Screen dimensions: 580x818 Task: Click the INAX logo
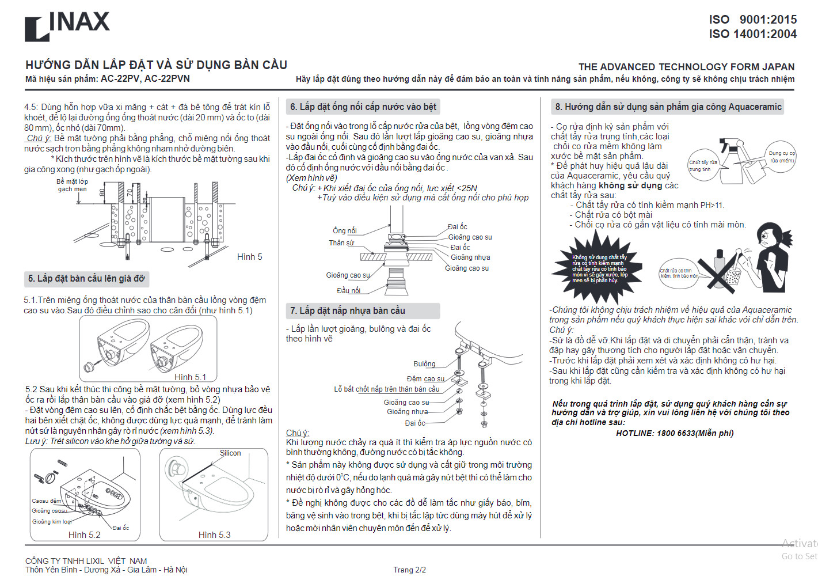coord(67,26)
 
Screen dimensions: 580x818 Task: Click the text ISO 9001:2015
coord(752,20)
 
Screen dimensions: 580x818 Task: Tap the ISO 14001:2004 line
coord(752,34)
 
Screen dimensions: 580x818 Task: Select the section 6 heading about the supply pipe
coord(363,107)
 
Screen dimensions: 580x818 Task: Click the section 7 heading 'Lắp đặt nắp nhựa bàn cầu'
coord(348,311)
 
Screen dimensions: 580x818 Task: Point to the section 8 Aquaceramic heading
coord(668,107)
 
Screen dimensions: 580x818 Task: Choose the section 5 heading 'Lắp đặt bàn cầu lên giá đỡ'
coord(86,279)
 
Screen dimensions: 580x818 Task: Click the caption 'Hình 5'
coord(249,257)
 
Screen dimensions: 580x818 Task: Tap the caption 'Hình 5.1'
coord(190,377)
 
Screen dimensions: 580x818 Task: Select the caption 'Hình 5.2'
coord(84,535)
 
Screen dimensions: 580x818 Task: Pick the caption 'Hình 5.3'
coord(214,535)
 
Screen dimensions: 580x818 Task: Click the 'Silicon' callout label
coord(230,453)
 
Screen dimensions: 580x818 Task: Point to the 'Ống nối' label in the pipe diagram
coord(344,230)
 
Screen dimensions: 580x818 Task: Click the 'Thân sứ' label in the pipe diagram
coord(341,243)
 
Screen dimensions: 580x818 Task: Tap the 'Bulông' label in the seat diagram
coord(424,364)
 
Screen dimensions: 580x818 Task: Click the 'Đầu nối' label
coord(348,290)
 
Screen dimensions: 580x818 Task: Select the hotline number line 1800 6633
coord(675,433)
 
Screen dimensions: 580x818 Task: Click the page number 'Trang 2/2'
coord(409,570)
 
